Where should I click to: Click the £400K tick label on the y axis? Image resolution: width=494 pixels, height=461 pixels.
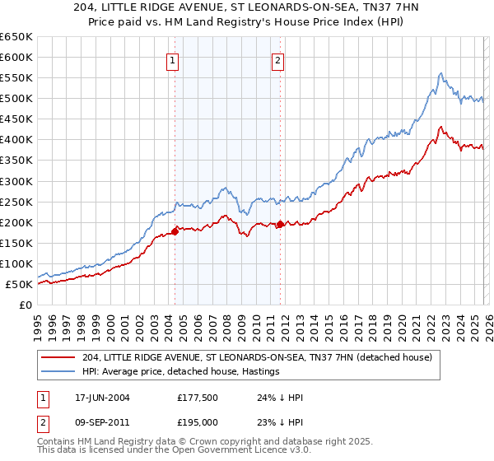[16, 140]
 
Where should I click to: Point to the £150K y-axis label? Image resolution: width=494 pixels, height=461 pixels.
[16, 243]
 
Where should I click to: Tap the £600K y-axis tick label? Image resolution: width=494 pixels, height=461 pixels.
[16, 58]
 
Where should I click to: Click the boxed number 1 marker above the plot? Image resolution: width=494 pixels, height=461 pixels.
[173, 59]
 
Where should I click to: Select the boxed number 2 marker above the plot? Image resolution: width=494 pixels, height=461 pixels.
[278, 59]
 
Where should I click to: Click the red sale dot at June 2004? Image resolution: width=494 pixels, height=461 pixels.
[175, 231]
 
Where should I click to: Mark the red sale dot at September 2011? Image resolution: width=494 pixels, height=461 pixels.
[280, 224]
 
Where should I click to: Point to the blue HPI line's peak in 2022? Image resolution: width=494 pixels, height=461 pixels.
[440, 73]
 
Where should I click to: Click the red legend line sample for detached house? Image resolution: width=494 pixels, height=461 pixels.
[59, 357]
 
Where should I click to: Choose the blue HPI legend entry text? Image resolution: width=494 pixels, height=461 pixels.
[181, 372]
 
